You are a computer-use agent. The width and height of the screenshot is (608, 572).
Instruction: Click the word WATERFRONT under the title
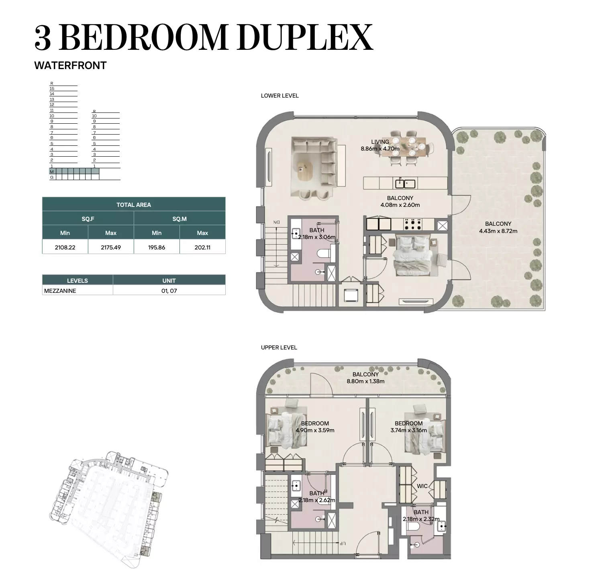point(70,65)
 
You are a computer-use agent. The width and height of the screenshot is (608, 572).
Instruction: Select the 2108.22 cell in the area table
point(65,247)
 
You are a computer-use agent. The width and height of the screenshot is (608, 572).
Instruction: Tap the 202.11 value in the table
point(202,247)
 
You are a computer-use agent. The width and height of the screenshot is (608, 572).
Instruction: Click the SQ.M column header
point(180,219)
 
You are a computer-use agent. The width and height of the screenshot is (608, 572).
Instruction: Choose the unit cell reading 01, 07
point(169,291)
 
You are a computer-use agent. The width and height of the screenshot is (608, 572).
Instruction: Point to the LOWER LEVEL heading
point(280,96)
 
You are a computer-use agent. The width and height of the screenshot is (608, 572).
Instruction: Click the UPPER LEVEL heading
point(279,347)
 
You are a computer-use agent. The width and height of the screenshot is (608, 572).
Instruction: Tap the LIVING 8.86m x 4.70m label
point(380,145)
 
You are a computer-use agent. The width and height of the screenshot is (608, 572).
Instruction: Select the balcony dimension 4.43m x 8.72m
point(498,231)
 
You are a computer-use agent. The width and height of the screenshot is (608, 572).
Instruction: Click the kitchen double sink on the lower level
point(405,184)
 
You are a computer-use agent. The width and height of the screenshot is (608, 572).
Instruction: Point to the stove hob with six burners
point(413,224)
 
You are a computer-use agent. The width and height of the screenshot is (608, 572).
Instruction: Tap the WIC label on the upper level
point(422,486)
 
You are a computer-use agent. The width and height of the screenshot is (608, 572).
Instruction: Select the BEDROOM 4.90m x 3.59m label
point(315,427)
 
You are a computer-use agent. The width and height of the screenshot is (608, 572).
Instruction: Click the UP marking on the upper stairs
point(342,543)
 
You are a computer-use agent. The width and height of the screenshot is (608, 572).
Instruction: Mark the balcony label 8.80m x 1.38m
point(365,381)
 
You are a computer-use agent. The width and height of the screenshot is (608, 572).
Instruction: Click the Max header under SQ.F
point(111,233)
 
